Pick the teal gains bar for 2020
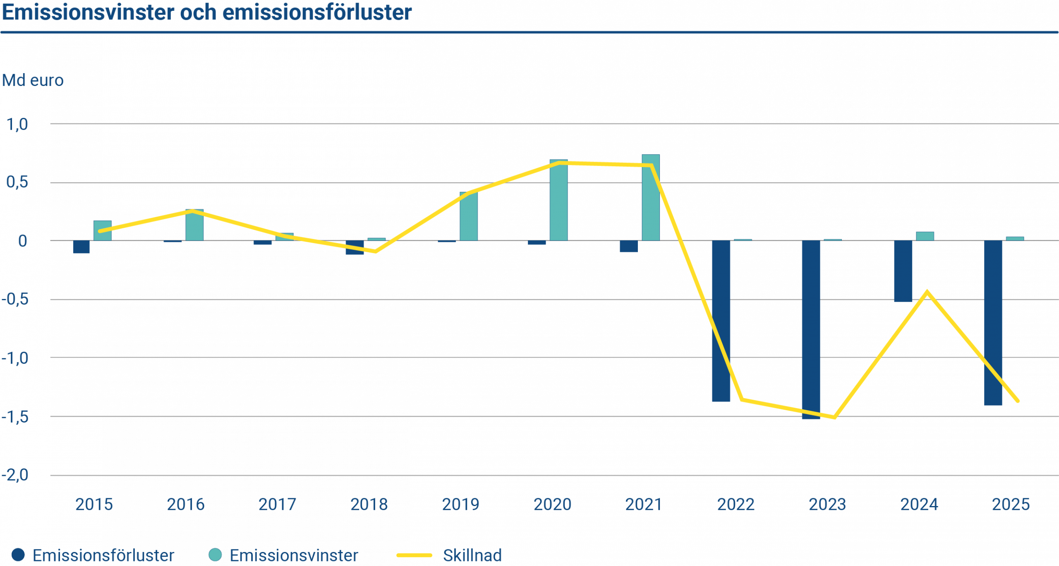[558, 200]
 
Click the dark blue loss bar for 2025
[993, 323]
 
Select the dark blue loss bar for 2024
[903, 271]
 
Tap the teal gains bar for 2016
[194, 225]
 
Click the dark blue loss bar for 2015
[81, 247]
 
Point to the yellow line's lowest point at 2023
[834, 418]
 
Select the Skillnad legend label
[472, 555]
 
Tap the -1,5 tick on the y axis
[15, 417]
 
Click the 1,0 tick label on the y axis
[17, 124]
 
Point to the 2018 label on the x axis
[369, 504]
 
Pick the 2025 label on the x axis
[1011, 504]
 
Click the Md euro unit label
[33, 80]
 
